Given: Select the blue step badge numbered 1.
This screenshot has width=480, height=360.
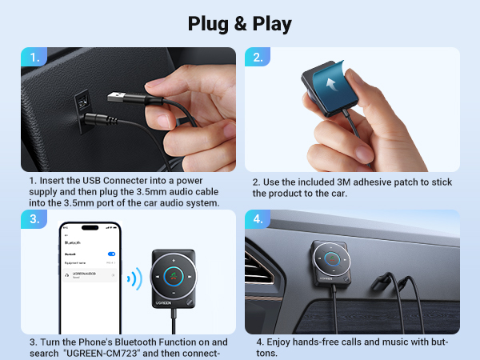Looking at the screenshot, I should click(34, 57).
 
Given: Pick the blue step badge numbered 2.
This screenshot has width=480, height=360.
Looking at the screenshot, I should click(258, 57).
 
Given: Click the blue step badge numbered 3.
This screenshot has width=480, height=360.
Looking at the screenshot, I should click(34, 219).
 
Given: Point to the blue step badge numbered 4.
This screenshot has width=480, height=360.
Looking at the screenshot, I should click(258, 219).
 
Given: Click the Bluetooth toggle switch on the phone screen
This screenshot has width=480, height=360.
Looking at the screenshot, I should click(111, 254).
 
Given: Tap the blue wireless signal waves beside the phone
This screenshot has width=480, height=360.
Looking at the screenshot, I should click(134, 279).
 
